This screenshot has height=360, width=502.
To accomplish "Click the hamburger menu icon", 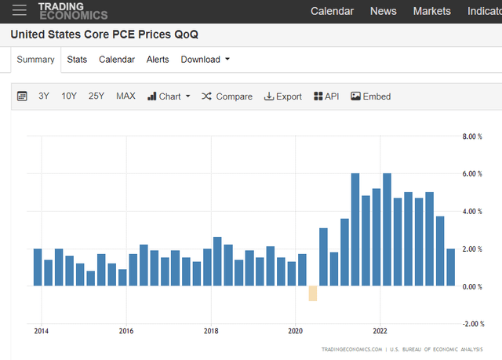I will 20,10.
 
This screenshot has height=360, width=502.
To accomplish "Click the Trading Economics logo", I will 73,10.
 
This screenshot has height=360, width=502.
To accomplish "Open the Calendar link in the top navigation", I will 332,11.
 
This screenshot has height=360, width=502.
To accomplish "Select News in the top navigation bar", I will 383,11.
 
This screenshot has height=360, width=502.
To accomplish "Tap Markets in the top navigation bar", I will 432,11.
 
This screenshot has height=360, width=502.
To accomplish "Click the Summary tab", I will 36,60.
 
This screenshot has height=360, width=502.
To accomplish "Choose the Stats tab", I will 77,60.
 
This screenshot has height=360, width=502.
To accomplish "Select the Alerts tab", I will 158,60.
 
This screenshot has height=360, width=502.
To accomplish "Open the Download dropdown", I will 205,60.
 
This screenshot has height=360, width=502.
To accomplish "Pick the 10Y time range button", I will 69,96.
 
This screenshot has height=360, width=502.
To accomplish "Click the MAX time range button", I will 125,96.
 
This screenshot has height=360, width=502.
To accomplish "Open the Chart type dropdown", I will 169,96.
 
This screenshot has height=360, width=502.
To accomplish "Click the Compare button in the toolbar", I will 227,96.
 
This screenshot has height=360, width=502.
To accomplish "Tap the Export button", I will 282,96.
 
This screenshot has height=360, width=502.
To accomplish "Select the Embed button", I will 370,96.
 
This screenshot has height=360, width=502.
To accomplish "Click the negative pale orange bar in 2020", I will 312,293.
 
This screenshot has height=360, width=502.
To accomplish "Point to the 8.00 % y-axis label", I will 473,136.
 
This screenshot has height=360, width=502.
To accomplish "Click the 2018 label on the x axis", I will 211,331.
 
